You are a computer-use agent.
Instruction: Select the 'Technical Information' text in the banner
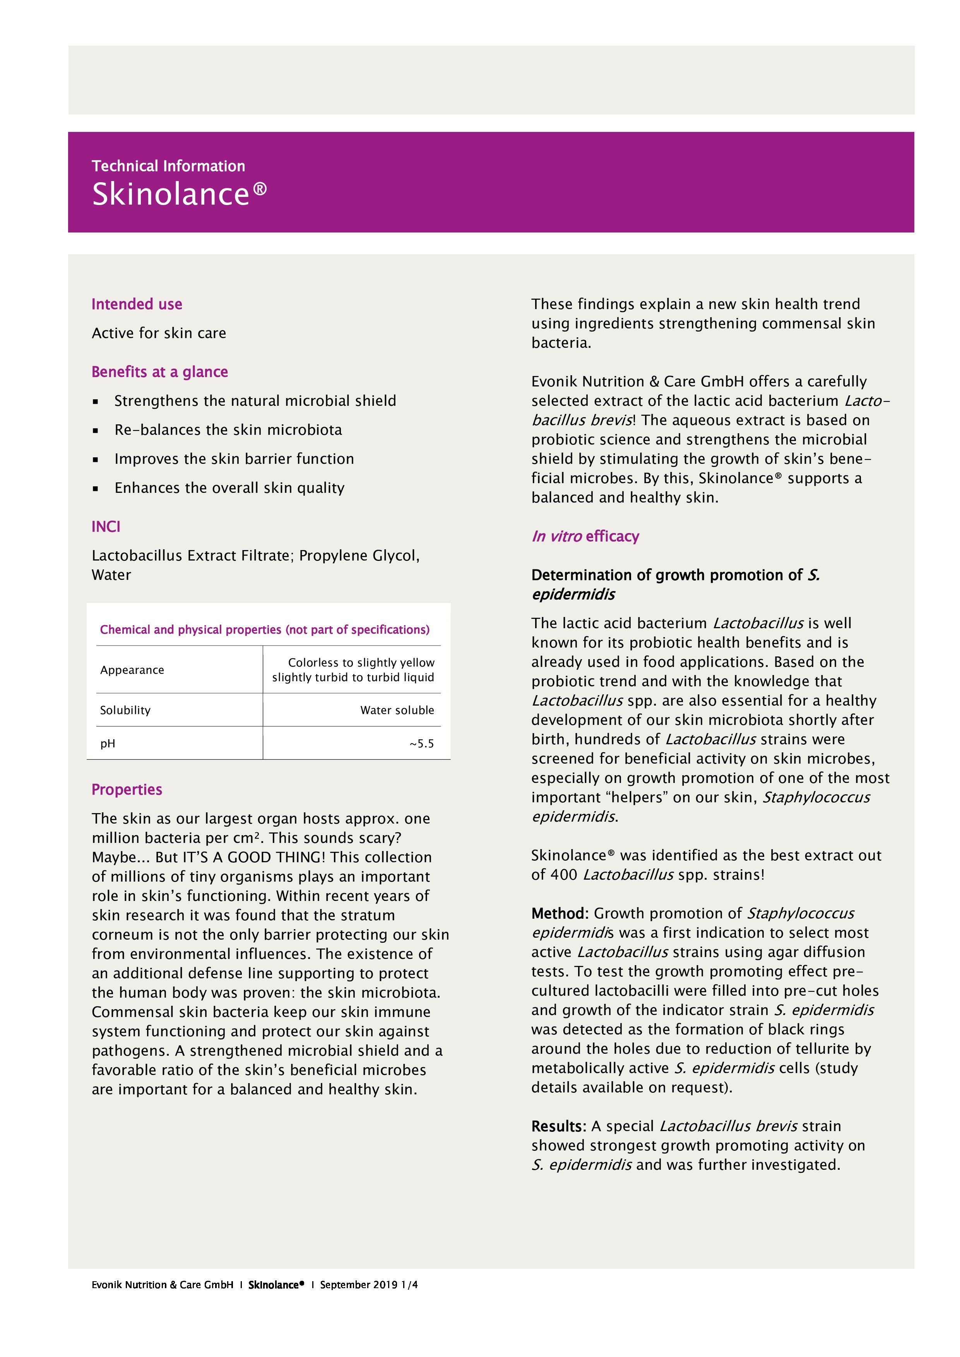[168, 166]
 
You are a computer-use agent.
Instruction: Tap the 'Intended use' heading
[137, 304]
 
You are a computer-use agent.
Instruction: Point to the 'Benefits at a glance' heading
[159, 372]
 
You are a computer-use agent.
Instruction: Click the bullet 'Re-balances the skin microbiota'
[228, 430]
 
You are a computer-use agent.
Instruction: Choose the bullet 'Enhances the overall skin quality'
[229, 487]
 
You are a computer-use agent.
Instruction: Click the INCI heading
[106, 526]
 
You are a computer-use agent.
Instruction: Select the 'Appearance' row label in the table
[132, 670]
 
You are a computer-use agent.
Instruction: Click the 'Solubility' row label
[125, 710]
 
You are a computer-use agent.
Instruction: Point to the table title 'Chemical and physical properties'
[264, 629]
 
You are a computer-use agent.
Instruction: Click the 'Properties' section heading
[127, 790]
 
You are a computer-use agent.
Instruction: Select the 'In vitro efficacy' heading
[585, 536]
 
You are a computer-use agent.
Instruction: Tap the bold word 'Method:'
[559, 913]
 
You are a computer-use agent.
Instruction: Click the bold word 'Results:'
[558, 1126]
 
